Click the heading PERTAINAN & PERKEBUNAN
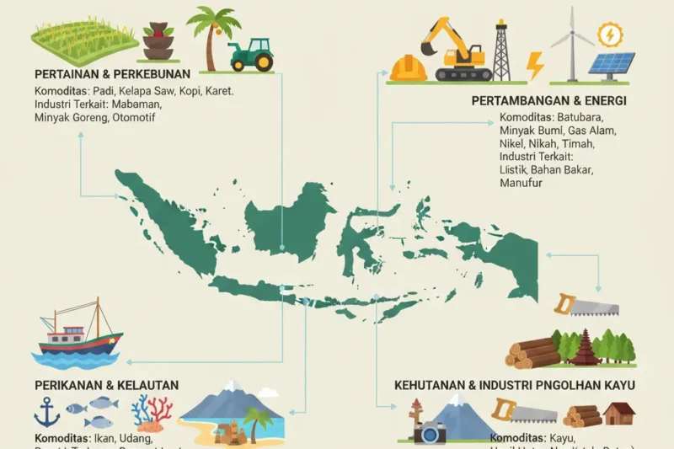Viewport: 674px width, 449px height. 112,73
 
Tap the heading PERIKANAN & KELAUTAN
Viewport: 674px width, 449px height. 106,385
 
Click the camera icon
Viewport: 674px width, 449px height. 430,431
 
